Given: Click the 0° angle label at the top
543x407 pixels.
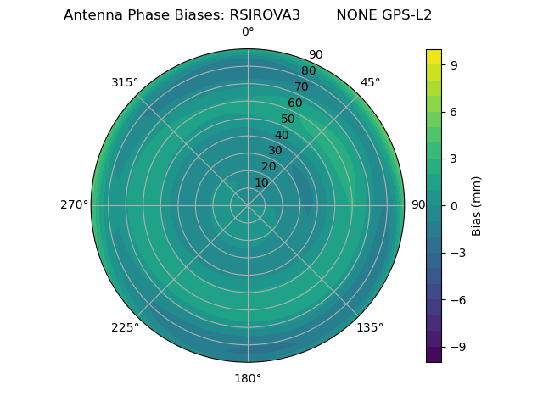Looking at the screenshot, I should click(248, 32).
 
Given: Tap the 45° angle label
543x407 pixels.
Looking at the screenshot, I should click(370, 82).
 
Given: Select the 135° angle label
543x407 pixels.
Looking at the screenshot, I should click(370, 327).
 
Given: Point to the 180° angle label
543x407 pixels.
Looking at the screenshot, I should click(248, 378).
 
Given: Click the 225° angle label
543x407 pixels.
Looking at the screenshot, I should click(125, 327).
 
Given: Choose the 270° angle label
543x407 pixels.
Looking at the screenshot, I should click(74, 205).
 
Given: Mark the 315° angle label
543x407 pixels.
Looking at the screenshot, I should click(125, 82).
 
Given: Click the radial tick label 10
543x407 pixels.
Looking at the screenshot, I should click(261, 182).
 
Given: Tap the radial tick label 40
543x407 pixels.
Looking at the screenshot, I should click(282, 135).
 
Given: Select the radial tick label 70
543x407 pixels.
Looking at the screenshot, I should click(301, 86).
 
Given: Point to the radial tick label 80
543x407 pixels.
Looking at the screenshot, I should click(308, 71).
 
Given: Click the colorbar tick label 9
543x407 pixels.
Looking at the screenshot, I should click(455, 64).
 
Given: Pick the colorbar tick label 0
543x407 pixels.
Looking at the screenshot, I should click(455, 205).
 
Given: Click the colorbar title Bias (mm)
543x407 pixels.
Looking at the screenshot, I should click(477, 205).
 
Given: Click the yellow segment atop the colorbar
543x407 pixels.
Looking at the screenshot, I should click(434, 57).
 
